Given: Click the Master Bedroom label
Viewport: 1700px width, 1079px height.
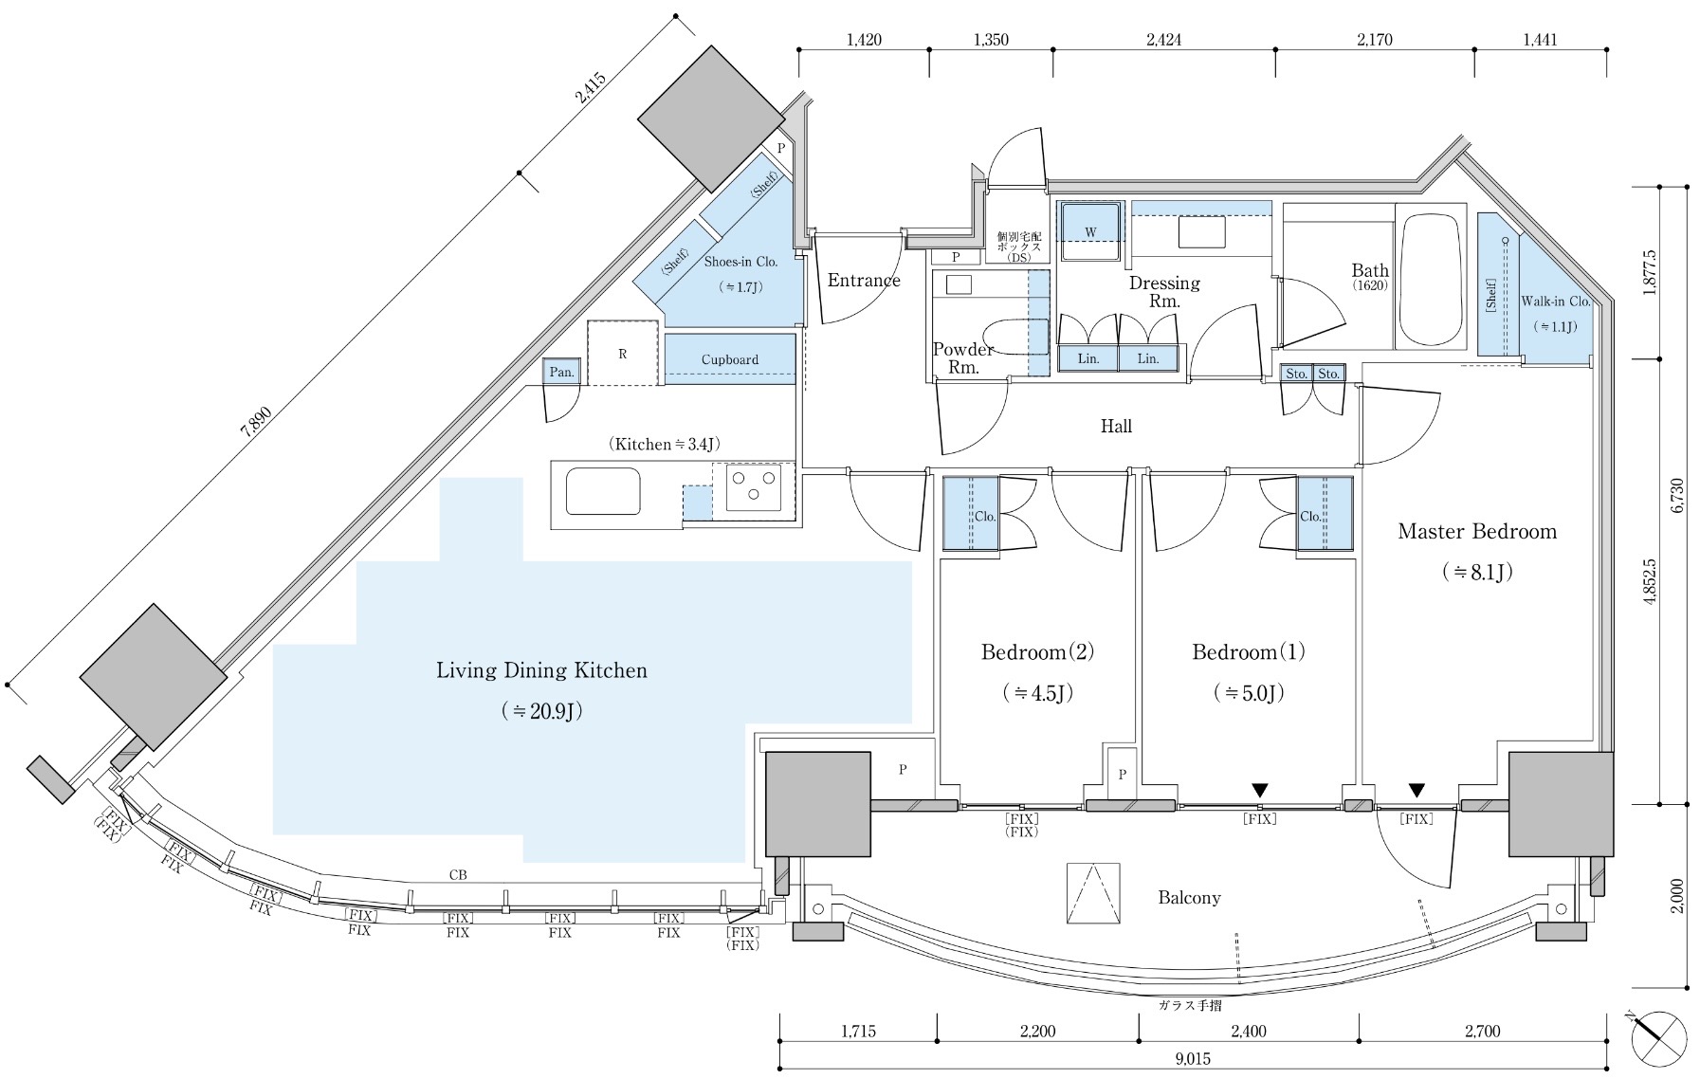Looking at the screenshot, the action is point(1477,531).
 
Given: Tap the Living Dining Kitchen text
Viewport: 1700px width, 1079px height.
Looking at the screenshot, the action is point(541,670).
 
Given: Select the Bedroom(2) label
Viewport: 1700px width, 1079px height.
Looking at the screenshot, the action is point(1038,652).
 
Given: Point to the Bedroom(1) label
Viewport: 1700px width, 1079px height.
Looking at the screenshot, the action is point(1249,652).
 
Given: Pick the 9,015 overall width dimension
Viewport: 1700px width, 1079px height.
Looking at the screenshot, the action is point(1192,1059).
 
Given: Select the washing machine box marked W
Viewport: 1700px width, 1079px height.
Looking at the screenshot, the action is point(1091,231).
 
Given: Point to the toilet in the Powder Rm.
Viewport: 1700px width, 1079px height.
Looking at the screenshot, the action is point(1015,337).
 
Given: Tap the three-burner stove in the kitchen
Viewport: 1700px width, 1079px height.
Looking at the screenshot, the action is point(754,487).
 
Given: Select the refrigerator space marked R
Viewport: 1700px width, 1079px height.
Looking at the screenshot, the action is point(622,353).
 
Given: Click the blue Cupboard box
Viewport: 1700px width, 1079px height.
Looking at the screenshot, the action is point(729,358).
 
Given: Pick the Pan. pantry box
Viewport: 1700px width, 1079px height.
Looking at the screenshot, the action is point(562,373).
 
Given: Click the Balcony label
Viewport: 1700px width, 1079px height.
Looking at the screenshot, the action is point(1189,897).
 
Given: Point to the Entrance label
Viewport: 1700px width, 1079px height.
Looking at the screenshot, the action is point(864,280).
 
